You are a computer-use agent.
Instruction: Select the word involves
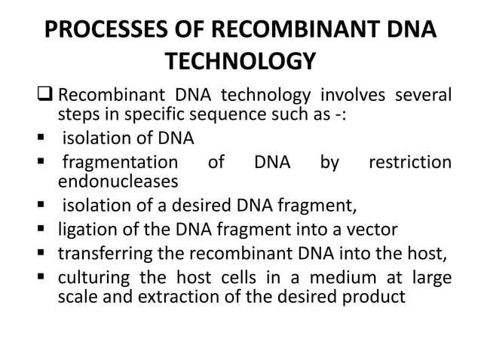(354, 96)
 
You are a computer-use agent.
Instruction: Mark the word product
(375, 296)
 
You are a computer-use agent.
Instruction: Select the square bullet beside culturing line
(45, 277)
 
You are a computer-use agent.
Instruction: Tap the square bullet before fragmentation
(45, 163)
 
